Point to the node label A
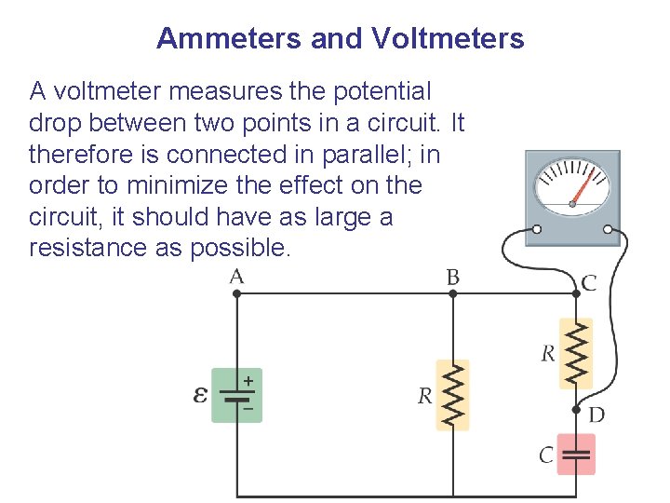click(236, 276)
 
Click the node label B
click(453, 276)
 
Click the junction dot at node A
click(236, 293)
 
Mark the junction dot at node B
click(453, 293)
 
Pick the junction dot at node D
click(576, 410)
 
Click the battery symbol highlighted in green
click(237, 395)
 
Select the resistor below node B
click(453, 395)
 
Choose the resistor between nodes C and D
click(576, 353)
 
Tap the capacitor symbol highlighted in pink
click(576, 455)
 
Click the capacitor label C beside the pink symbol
click(546, 455)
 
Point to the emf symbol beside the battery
click(200, 395)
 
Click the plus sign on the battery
click(248, 381)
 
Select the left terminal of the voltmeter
click(536, 230)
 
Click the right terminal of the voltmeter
click(608, 230)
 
